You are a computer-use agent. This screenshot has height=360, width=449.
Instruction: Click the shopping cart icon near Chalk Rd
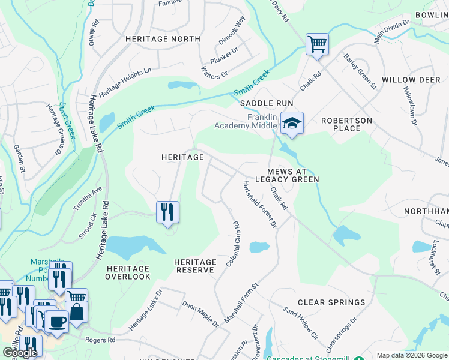pyautogui.click(x=316, y=44)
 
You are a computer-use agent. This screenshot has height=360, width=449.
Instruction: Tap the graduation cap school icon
pyautogui.click(x=292, y=124)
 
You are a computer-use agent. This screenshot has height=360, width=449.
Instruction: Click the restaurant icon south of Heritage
pyautogui.click(x=167, y=212)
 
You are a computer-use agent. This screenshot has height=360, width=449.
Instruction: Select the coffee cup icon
pyautogui.click(x=57, y=321)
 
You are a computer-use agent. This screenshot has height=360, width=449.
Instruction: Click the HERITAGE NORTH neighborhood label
pyautogui.click(x=163, y=39)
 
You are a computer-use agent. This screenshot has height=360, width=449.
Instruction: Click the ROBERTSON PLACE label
pyautogui.click(x=346, y=124)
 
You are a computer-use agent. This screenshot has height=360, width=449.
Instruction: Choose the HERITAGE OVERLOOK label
pyautogui.click(x=128, y=272)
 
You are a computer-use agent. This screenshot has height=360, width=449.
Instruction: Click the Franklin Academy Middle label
pyautogui.click(x=246, y=121)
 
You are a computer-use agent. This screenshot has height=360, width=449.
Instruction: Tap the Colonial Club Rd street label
pyautogui.click(x=232, y=245)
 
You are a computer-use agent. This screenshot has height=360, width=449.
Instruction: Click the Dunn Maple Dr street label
pyautogui.click(x=200, y=314)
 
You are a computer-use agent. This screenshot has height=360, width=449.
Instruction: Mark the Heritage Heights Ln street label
pyautogui.click(x=125, y=83)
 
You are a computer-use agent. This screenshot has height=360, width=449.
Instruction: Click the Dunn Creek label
pyautogui.click(x=67, y=121)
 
